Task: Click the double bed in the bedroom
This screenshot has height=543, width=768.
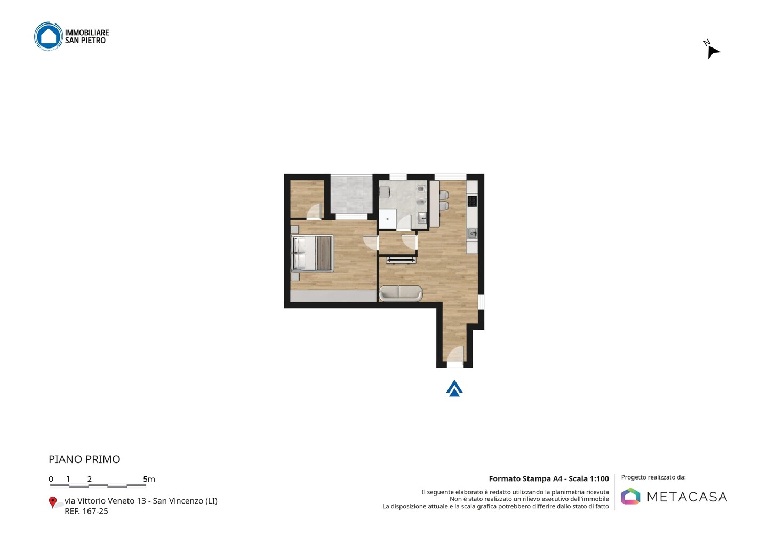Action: point(313,253)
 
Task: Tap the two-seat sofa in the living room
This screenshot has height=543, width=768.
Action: point(401,293)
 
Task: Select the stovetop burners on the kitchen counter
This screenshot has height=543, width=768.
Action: point(472,201)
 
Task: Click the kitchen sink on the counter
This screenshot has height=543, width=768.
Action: point(472,234)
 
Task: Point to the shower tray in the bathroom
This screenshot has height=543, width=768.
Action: point(388,219)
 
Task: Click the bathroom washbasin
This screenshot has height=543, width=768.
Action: point(422,218)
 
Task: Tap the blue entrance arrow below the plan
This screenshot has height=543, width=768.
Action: point(454,388)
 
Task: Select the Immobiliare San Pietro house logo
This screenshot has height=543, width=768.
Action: point(49,36)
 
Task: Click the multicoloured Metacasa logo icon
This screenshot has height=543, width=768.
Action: point(630,496)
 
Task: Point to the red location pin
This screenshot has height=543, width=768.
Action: point(52,502)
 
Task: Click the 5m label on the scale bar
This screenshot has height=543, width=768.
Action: point(149,479)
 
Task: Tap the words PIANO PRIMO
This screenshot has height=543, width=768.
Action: point(84,459)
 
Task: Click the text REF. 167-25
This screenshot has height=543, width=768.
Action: point(86,511)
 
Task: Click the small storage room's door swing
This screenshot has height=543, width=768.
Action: point(314,211)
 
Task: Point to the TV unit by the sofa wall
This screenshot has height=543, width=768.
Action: point(401,260)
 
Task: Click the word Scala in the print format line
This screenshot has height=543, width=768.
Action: point(578,478)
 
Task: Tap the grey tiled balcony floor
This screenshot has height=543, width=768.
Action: point(351,195)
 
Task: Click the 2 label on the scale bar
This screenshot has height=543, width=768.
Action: point(90,479)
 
